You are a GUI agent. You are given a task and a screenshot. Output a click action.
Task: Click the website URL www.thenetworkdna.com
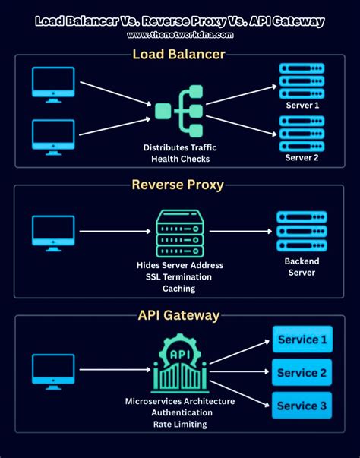180,35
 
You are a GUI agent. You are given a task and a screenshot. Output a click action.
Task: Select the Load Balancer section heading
178,55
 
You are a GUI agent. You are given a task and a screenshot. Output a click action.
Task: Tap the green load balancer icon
178,112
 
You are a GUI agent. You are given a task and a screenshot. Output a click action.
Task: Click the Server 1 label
302,105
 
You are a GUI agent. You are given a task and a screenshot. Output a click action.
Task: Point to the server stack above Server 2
302,134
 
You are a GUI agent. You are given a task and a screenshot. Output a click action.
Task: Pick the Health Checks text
181,159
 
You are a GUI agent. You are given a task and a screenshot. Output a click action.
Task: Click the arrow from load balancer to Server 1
242,95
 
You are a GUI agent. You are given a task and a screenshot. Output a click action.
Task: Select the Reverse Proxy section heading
178,185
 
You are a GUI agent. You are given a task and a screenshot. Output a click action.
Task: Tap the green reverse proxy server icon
180,233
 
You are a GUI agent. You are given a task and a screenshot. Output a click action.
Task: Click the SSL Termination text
178,277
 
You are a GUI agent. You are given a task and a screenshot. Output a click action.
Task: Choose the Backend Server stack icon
302,232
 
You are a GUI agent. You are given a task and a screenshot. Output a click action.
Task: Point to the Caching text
179,289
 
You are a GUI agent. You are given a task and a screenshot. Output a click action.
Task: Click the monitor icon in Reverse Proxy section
53,233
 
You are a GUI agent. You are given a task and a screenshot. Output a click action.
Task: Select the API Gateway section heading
178,315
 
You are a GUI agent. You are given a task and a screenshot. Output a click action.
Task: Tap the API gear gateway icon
180,363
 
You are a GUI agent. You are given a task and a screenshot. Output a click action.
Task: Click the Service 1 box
302,340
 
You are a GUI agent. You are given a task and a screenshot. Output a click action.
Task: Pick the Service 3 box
302,406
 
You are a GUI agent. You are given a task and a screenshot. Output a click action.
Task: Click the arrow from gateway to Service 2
239,371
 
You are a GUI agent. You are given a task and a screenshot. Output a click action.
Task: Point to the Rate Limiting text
180,424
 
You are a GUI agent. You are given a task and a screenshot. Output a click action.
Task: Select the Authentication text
182,412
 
